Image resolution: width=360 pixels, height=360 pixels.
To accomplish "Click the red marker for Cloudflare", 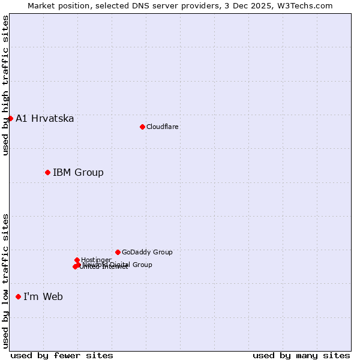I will (x=142, y=127).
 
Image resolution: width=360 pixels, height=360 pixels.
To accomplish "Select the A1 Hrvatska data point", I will (x=10, y=118).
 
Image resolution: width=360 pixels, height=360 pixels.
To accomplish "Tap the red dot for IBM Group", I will (x=47, y=172).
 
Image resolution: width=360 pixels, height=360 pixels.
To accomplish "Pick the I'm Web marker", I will (x=18, y=296).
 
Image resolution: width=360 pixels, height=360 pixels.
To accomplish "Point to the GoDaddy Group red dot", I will (x=118, y=252).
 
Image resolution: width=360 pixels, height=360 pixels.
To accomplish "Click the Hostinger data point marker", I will (x=77, y=260).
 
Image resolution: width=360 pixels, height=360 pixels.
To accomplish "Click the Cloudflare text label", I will (x=162, y=127).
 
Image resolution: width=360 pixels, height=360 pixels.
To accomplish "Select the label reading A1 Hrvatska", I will (x=45, y=118).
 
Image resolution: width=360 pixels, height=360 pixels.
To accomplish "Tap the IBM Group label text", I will (x=78, y=173).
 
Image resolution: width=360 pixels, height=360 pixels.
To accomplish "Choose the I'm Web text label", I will (x=43, y=296).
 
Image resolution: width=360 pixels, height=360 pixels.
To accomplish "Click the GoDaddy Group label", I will (x=147, y=252).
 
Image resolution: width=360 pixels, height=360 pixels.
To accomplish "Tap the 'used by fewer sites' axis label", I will (x=62, y=355).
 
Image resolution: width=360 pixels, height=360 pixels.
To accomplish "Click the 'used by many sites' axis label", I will (x=301, y=355).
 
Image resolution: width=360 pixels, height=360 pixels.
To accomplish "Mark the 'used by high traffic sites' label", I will (x=5, y=85).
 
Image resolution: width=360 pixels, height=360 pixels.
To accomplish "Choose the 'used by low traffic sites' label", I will (x=5, y=281).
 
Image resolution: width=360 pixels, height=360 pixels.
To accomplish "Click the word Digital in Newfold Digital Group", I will (x=119, y=265).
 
